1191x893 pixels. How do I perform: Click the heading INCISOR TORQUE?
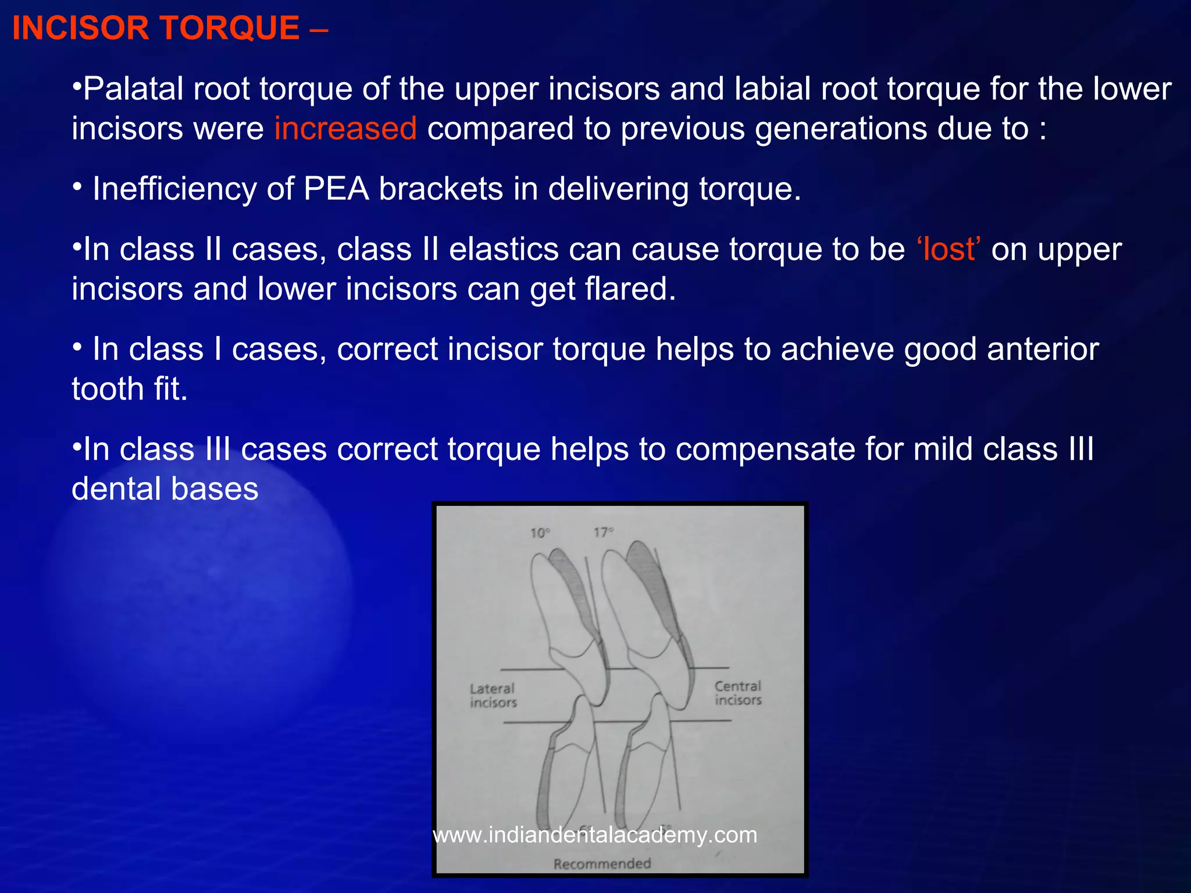point(156,28)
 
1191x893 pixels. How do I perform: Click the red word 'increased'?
point(345,128)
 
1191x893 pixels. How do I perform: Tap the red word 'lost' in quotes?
point(948,249)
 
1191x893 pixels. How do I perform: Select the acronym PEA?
point(336,189)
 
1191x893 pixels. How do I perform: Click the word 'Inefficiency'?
point(174,189)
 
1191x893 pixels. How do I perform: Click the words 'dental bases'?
point(165,489)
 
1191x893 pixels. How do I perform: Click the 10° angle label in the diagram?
point(540,533)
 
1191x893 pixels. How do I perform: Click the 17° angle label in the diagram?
point(603,532)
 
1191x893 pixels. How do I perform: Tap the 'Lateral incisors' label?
point(493,695)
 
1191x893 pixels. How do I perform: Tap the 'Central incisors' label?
point(737,693)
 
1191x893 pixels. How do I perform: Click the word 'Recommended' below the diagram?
point(602,863)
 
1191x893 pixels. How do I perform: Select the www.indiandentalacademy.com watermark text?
point(595,835)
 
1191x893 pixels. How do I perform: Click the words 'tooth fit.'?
point(130,389)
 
